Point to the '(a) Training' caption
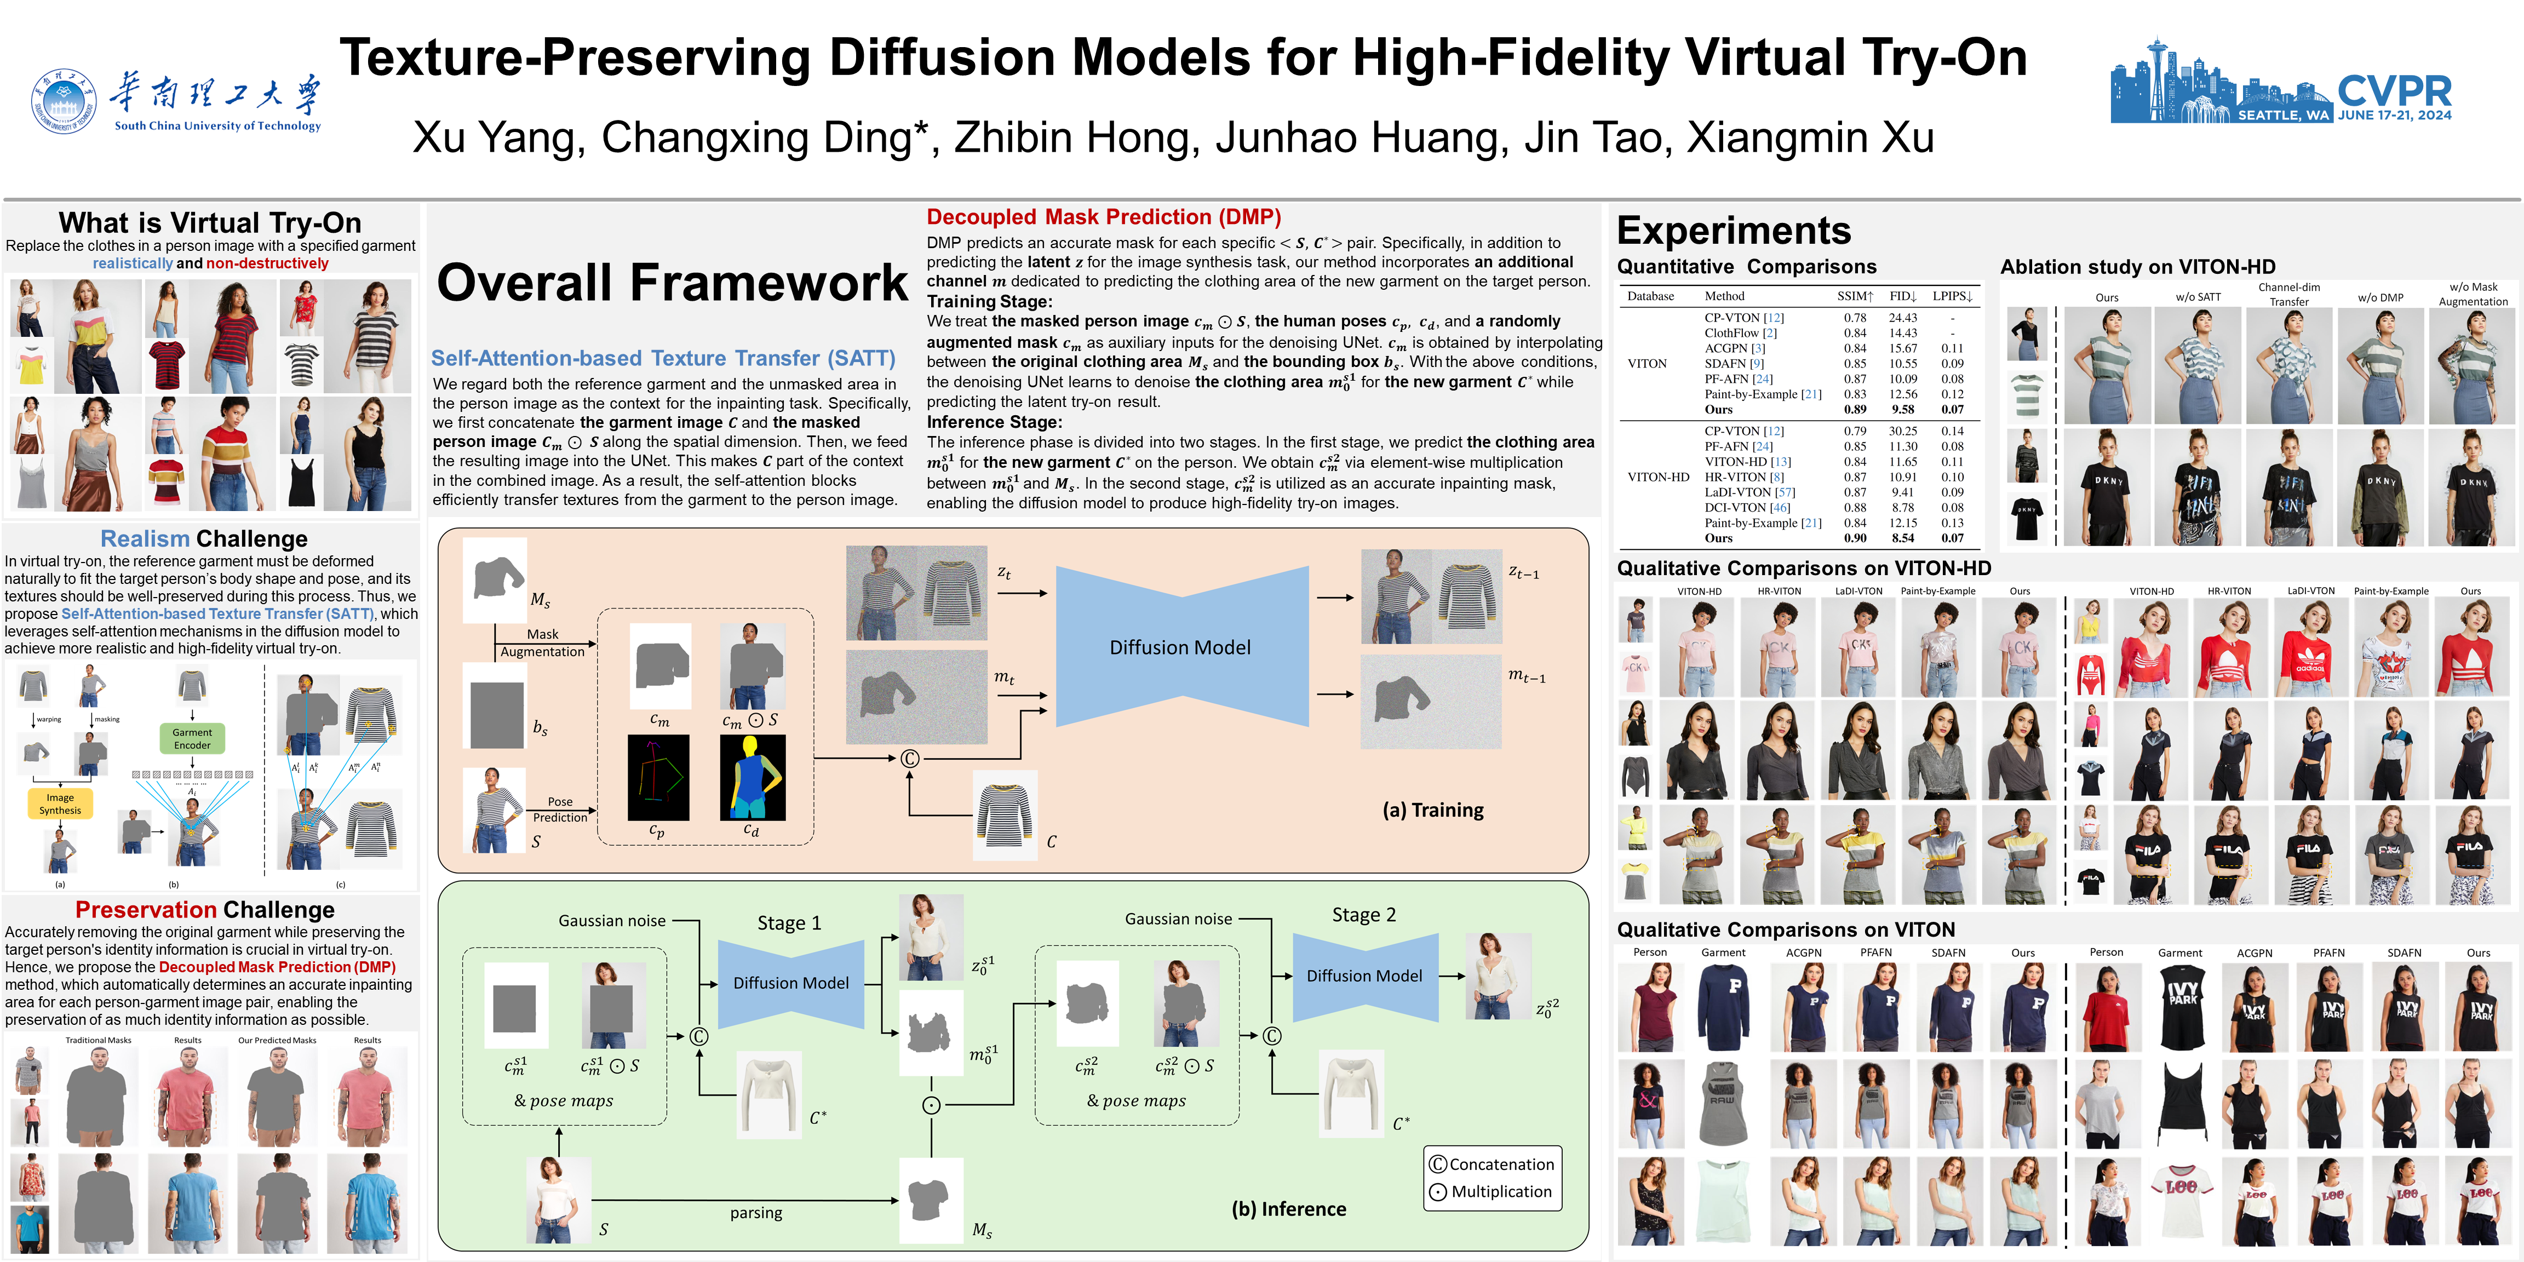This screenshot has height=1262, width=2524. pos(1432,810)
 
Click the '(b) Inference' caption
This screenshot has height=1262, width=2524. pos(1288,1209)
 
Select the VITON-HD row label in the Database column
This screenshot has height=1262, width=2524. pos(1658,477)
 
